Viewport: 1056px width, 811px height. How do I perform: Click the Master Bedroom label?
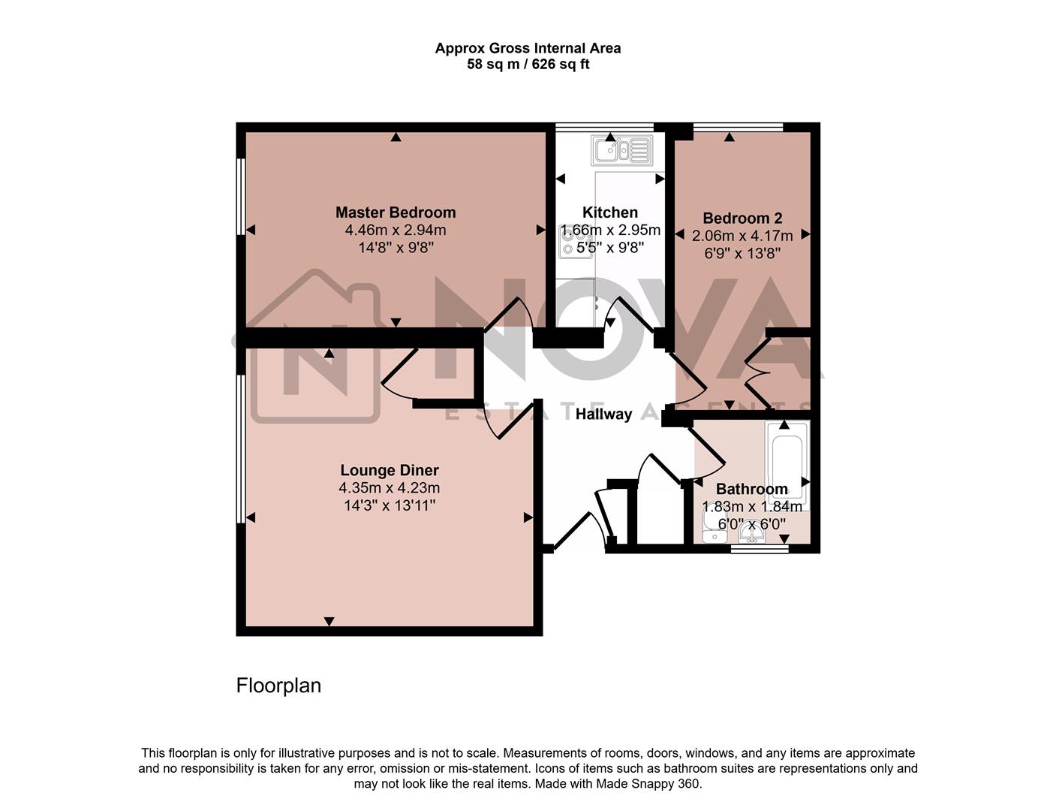pyautogui.click(x=396, y=213)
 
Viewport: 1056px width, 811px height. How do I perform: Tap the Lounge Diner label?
pyautogui.click(x=389, y=470)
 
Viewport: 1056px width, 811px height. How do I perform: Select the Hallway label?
pyautogui.click(x=603, y=414)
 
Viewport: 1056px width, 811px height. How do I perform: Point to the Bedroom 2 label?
pyautogui.click(x=742, y=219)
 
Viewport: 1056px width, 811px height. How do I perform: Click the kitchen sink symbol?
pyautogui.click(x=621, y=150)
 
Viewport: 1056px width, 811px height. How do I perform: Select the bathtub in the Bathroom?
pyautogui.click(x=787, y=464)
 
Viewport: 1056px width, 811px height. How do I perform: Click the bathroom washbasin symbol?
pyautogui.click(x=751, y=533)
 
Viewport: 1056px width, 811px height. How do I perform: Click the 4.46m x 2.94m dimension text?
pyautogui.click(x=396, y=231)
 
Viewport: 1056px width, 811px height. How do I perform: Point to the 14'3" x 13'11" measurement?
pyautogui.click(x=389, y=506)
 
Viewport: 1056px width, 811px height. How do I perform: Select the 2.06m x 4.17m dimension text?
pyautogui.click(x=742, y=236)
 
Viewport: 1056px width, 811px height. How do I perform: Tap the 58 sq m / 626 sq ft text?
pyautogui.click(x=528, y=65)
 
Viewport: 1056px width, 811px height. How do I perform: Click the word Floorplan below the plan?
pyautogui.click(x=278, y=686)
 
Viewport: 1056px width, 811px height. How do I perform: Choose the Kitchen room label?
pyautogui.click(x=610, y=213)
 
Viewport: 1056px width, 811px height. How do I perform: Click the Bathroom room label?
pyautogui.click(x=751, y=490)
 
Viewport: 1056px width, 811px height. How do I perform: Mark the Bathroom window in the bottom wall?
pyautogui.click(x=760, y=549)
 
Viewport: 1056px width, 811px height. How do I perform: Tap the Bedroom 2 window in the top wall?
pyautogui.click(x=738, y=127)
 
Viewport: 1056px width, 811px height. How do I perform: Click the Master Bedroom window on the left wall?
pyautogui.click(x=241, y=196)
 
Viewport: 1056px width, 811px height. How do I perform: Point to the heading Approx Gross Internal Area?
pyautogui.click(x=528, y=48)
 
